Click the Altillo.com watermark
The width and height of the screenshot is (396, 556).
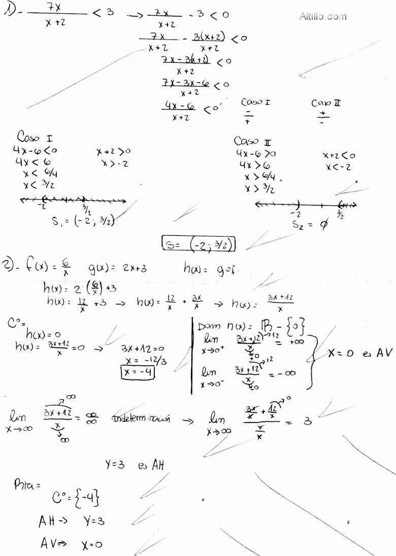pyautogui.click(x=323, y=16)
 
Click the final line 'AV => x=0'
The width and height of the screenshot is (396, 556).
pyautogui.click(x=71, y=544)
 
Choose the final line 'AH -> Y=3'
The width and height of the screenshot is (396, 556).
pyautogui.click(x=71, y=521)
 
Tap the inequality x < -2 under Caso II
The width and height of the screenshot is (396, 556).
pyautogui.click(x=339, y=167)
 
